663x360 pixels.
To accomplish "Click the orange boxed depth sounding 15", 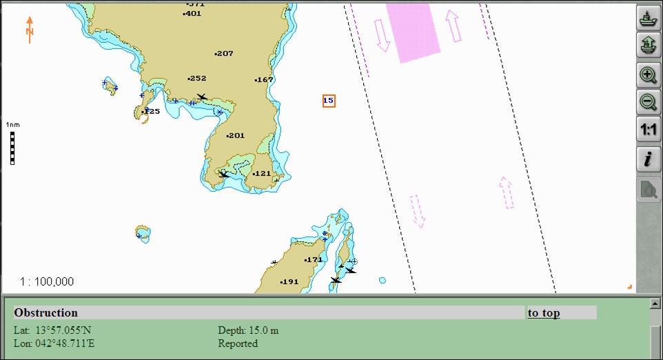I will click(329, 101).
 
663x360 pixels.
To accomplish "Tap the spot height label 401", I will click(193, 13).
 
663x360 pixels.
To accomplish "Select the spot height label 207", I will click(224, 53).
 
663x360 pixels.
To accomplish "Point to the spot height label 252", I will click(197, 78).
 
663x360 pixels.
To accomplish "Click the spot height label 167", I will click(265, 79).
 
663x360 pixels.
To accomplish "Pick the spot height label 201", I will click(236, 135).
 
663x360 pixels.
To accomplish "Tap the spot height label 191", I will click(289, 281).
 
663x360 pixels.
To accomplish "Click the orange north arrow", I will click(30, 30).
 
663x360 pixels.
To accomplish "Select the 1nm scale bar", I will click(12, 147).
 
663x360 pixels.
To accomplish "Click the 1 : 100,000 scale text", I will click(47, 281).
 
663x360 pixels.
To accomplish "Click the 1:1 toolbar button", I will click(648, 130).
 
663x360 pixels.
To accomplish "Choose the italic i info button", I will click(648, 159).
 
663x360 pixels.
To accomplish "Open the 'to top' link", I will click(544, 312).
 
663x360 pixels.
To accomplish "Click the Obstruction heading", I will click(46, 312).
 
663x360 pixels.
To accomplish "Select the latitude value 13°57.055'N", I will click(63, 330).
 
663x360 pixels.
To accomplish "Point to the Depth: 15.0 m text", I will click(248, 330).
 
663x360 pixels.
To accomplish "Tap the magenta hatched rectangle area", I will click(413, 31).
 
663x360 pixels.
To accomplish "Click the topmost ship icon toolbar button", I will click(648, 18).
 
